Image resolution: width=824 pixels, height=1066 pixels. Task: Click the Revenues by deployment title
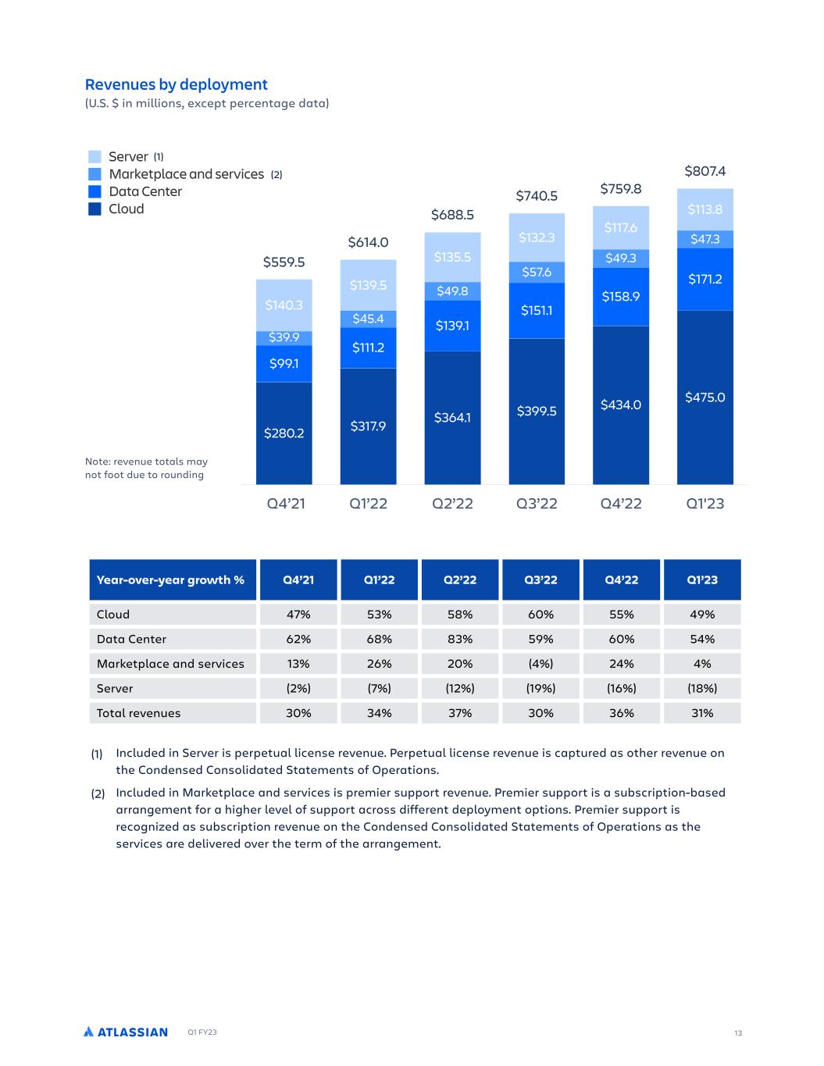click(x=176, y=84)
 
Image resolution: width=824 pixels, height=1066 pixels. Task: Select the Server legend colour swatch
click(x=95, y=156)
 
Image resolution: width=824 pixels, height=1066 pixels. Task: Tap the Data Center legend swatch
click(x=95, y=191)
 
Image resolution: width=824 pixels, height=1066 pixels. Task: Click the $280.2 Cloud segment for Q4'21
click(x=284, y=433)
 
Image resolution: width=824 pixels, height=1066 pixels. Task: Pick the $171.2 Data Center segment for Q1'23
click(x=705, y=279)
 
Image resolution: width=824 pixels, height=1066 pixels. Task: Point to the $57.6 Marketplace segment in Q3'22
click(x=537, y=273)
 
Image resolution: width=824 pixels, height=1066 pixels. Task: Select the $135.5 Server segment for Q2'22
click(x=452, y=257)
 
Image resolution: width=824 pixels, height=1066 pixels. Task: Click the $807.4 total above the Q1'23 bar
click(x=705, y=171)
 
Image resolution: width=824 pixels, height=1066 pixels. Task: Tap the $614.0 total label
click(x=368, y=242)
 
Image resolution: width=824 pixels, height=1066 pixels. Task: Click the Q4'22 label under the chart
click(x=621, y=503)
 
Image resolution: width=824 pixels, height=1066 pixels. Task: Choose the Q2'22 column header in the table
click(x=460, y=579)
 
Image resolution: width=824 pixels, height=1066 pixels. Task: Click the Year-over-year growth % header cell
click(x=173, y=579)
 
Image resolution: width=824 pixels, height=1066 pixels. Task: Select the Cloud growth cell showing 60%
click(x=540, y=614)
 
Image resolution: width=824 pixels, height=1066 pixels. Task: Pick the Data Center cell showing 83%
click(x=460, y=639)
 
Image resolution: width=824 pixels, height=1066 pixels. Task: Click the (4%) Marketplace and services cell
click(x=540, y=664)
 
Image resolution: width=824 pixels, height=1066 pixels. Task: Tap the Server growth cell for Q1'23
click(x=702, y=688)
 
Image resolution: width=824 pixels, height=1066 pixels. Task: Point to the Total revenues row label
click(x=138, y=713)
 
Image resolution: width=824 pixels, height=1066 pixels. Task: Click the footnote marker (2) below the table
click(x=98, y=793)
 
